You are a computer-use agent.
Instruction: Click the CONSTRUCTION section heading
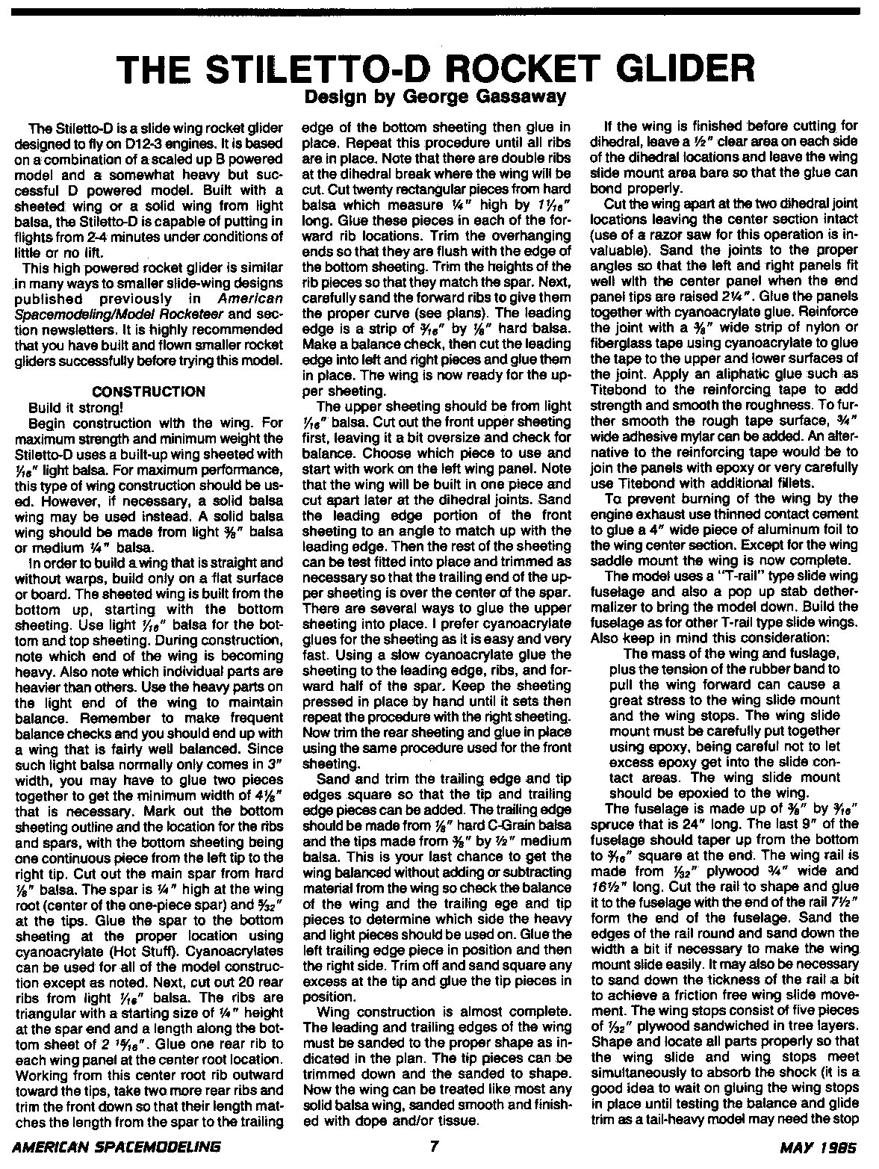pyautogui.click(x=148, y=391)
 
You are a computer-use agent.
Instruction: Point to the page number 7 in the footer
pyautogui.click(x=433, y=1147)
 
